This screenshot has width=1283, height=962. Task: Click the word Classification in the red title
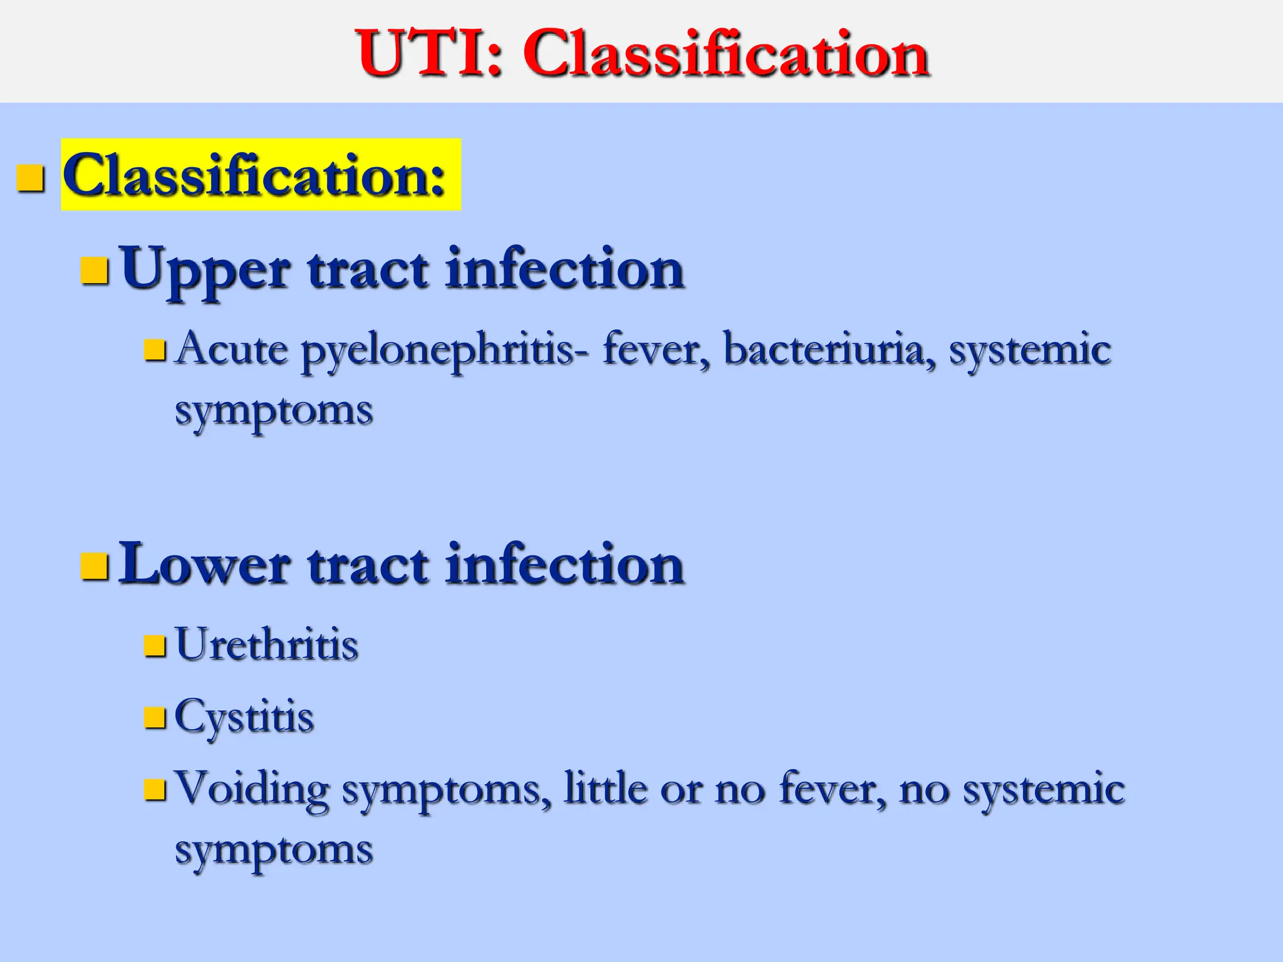tap(725, 54)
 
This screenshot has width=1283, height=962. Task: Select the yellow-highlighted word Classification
tap(254, 175)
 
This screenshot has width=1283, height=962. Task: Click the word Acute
tap(232, 349)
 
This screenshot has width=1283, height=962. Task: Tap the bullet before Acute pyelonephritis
tap(155, 351)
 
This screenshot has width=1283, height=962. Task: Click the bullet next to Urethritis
tap(155, 646)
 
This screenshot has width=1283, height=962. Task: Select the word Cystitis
tap(244, 716)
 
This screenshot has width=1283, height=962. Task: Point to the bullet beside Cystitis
tap(155, 718)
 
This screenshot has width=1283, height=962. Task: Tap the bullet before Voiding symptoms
tap(155, 790)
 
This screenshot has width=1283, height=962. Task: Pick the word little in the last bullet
tap(605, 788)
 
